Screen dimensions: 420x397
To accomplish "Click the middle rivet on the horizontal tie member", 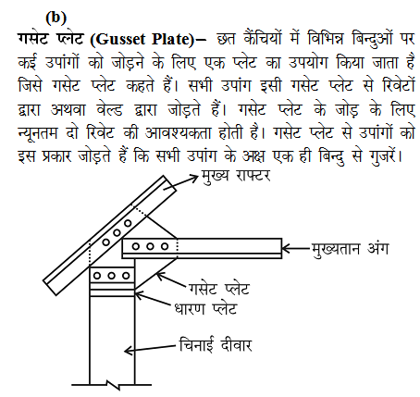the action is pos(153,245).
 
